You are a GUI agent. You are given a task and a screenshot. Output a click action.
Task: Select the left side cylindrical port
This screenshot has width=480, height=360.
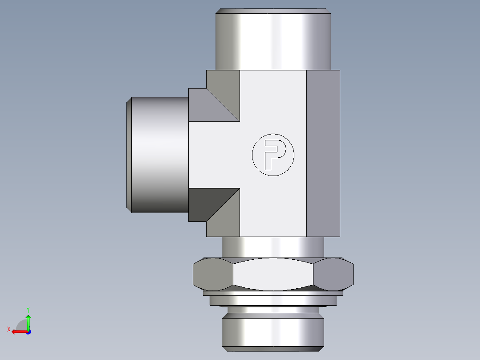[x=158, y=155]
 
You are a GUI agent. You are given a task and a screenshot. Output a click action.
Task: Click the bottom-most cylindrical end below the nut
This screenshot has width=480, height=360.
[x=273, y=332]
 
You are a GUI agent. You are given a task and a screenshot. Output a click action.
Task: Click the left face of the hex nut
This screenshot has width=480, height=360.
[x=212, y=274]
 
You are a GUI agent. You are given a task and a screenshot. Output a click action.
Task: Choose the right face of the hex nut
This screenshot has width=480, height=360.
[x=334, y=274]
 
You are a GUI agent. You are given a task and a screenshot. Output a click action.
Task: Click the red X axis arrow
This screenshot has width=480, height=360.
[x=18, y=331]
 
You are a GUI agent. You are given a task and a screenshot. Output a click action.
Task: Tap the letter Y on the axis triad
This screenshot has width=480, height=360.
[x=28, y=309]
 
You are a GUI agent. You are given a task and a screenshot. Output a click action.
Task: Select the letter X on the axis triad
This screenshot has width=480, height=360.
[x=8, y=329]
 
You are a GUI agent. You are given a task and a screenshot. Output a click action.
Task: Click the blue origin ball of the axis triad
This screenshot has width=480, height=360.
[x=28, y=331]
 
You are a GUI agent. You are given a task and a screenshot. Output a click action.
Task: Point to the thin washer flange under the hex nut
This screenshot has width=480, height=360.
[x=273, y=293]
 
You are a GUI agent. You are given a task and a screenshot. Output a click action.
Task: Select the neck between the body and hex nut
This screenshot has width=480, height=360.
[x=273, y=247]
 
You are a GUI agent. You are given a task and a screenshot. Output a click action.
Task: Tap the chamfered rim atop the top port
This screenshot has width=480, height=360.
[x=273, y=11]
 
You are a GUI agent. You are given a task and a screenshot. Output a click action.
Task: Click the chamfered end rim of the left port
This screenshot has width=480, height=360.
[x=129, y=155]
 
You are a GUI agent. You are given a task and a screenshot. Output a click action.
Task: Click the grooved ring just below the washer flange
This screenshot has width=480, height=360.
[x=273, y=301]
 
